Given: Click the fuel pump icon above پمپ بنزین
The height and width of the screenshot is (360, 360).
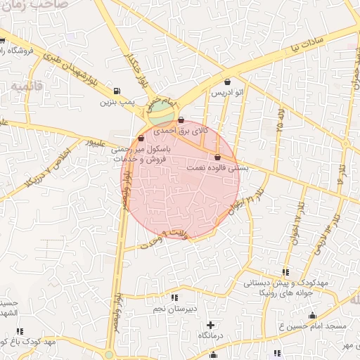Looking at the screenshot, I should (116, 91).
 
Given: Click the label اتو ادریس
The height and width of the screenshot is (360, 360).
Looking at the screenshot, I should (227, 93).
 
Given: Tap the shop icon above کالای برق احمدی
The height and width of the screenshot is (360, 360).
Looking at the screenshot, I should (181, 120).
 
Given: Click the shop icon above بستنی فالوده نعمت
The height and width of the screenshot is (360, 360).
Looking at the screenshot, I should (217, 157).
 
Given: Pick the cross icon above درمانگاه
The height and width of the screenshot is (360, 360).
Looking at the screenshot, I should (211, 325).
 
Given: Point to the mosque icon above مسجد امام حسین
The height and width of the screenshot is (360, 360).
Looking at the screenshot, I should (312, 315).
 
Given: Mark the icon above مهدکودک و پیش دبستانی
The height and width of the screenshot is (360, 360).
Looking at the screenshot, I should (285, 272).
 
